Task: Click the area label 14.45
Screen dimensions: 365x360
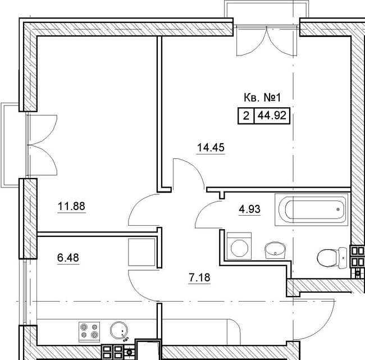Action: click(x=211, y=147)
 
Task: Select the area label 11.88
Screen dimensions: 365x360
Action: click(x=71, y=206)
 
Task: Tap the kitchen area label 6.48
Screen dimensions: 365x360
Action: click(x=68, y=258)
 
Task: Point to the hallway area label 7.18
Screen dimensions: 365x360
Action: click(x=199, y=277)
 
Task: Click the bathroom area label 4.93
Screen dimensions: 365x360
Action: click(x=249, y=209)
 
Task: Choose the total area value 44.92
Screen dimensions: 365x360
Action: click(x=272, y=116)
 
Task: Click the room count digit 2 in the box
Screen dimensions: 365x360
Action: click(x=246, y=116)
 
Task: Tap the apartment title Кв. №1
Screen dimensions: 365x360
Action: click(x=262, y=98)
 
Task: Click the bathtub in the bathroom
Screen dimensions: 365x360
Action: click(x=312, y=209)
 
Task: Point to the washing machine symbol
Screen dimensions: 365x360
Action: click(x=239, y=246)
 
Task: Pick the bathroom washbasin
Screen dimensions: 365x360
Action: click(x=275, y=250)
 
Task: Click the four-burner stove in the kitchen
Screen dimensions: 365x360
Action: click(x=89, y=332)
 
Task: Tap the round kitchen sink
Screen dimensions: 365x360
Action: click(x=119, y=331)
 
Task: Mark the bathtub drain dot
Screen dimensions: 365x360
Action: click(x=338, y=209)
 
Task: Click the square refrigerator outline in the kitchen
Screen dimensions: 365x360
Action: click(x=142, y=252)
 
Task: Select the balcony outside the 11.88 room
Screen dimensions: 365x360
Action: click(x=10, y=145)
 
